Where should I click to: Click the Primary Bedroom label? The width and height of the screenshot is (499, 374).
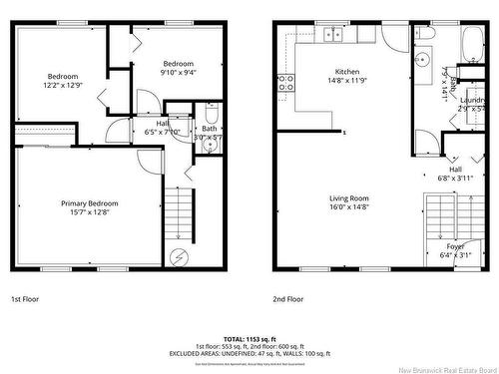[x=89, y=208]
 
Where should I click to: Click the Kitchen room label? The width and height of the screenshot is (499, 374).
[x=346, y=76]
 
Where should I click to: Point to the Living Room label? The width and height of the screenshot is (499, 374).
[x=349, y=203]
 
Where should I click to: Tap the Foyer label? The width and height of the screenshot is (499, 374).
[x=455, y=250]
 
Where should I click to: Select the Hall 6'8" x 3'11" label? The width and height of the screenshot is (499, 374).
[x=455, y=174]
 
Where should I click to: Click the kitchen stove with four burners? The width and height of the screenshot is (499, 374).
[x=284, y=84]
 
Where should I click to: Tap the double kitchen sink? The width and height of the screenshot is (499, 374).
[x=333, y=35]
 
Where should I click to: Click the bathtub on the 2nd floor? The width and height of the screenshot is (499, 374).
[x=470, y=44]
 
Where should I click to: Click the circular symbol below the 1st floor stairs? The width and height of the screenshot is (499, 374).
[x=180, y=256]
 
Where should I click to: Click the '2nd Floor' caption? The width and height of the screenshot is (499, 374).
[x=289, y=298]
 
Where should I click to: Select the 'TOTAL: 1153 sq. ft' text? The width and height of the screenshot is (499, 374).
[x=249, y=340]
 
